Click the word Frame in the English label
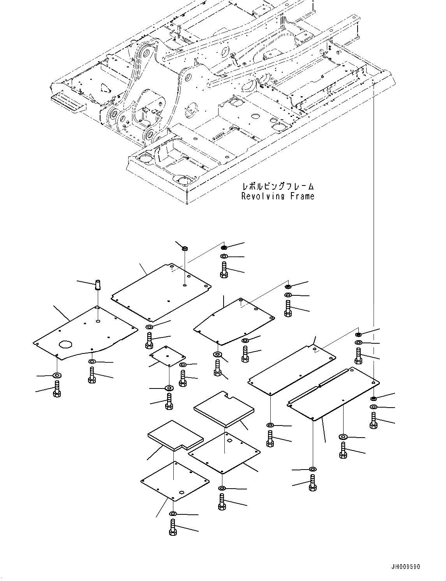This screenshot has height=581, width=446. tap(302, 196)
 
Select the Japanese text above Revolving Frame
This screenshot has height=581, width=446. tap(278, 187)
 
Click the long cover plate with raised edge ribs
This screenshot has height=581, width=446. tap(333, 394)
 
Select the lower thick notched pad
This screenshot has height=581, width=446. tap(175, 435)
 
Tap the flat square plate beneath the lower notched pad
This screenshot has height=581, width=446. tap(175, 480)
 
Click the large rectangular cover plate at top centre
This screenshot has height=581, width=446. tap(161, 292)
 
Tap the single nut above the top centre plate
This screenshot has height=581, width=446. tap(185, 248)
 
